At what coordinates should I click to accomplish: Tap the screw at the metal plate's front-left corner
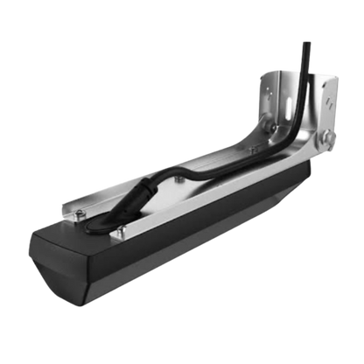click(x=80, y=212)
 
